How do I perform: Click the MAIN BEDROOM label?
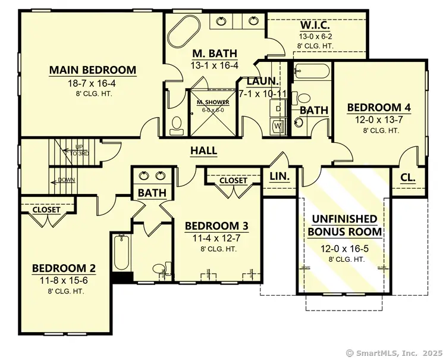93,70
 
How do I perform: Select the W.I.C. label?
315,26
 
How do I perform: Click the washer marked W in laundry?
278,126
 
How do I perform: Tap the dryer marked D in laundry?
278,109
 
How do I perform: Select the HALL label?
203,151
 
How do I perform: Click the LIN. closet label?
279,177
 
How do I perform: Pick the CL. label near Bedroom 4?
407,177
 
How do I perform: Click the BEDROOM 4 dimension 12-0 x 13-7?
379,119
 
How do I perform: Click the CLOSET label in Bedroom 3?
233,180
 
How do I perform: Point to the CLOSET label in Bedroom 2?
46,210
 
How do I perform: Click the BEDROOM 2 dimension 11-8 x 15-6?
64,280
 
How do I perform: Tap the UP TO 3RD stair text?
79,150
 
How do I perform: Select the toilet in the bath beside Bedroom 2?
159,269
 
